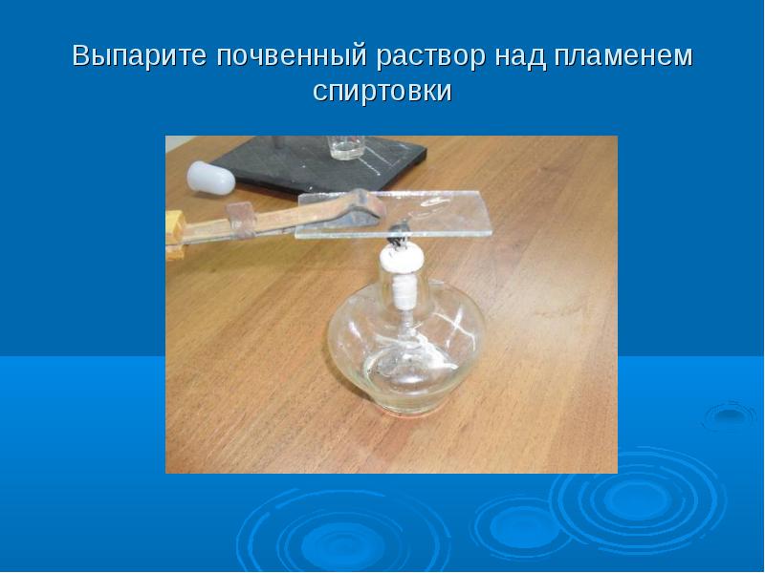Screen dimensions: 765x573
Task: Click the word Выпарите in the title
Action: point(140,55)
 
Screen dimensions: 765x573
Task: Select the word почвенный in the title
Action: point(292,56)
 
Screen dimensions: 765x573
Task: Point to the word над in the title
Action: point(519,55)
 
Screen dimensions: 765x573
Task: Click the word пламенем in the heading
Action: point(623,56)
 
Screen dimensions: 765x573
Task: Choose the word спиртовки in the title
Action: point(382,91)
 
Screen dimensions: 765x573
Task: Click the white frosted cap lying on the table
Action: point(210,179)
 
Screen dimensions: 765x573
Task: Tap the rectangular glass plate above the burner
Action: point(393,214)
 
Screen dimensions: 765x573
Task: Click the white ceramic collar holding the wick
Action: point(402,257)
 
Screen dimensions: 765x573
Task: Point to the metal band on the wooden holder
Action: point(241,220)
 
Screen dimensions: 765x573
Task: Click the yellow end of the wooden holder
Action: point(175,234)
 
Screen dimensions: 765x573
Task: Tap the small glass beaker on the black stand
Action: point(346,148)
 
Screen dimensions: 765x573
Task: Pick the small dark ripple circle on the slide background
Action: point(730,415)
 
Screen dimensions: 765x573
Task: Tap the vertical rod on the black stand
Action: point(279,142)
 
